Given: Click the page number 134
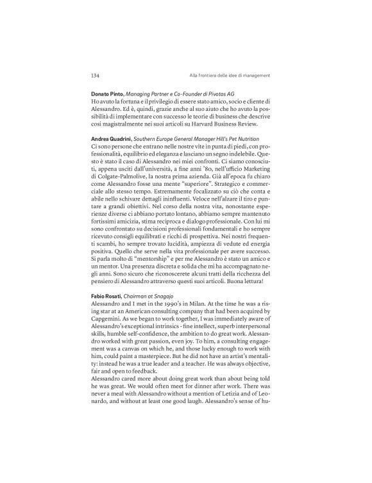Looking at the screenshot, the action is point(96,76).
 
